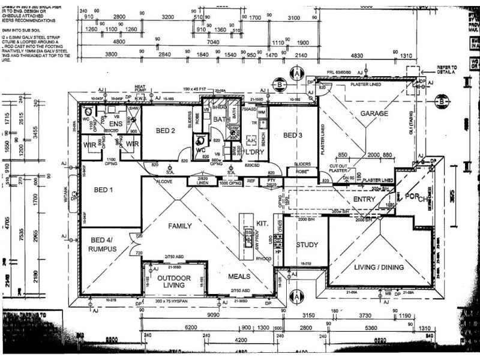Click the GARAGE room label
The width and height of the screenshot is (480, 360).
click(x=375, y=113)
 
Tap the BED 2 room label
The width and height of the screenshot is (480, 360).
click(x=165, y=130)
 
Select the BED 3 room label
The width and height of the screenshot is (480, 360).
click(x=293, y=135)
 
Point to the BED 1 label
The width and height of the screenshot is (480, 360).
click(x=104, y=190)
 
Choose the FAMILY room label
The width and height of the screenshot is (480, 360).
click(x=179, y=226)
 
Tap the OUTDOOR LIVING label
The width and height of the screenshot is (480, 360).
click(x=174, y=281)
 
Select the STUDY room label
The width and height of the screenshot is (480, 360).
click(x=306, y=244)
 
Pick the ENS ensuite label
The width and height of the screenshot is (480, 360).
click(x=116, y=124)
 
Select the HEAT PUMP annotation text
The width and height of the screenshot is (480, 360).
click(x=140, y=88)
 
